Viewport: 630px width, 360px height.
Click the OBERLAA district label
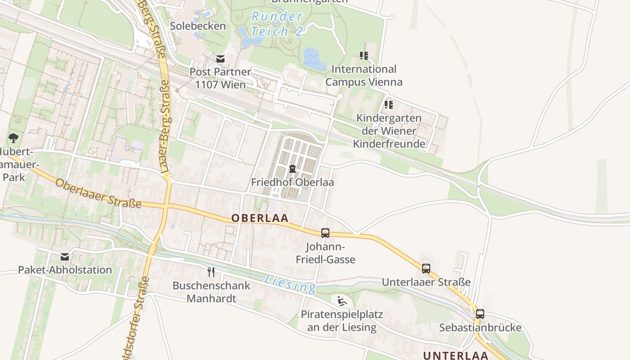click(260, 218)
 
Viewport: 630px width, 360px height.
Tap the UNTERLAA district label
click(455, 355)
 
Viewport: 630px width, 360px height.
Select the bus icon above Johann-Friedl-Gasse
click(325, 233)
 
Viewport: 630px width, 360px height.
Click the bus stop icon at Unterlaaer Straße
click(426, 269)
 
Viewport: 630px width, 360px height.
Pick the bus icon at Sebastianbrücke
click(480, 314)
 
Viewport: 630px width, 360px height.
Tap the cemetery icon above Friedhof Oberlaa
click(292, 169)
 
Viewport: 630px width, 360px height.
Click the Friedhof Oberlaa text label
click(292, 182)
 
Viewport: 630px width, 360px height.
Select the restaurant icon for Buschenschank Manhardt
click(211, 272)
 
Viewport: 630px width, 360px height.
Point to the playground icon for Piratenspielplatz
click(342, 301)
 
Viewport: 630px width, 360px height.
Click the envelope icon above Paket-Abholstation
click(65, 257)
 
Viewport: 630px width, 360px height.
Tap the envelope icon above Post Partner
click(220, 58)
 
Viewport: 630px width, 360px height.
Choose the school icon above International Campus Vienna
click(364, 56)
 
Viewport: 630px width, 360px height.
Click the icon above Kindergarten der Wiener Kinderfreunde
click(389, 105)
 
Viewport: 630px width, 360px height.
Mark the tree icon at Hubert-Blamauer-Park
click(13, 138)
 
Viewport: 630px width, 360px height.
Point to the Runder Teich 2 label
click(276, 24)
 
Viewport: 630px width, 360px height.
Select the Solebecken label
click(198, 26)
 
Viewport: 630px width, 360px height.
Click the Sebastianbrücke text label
click(480, 327)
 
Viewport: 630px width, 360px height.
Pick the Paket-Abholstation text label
click(65, 270)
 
